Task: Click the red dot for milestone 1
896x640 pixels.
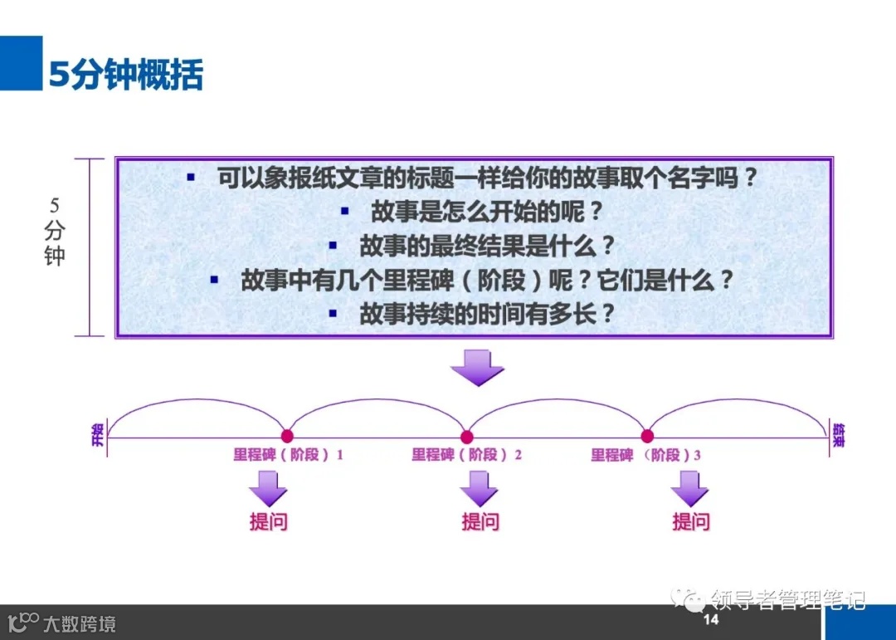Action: point(287,436)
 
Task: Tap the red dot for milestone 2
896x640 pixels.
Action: point(467,437)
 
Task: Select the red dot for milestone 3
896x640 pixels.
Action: point(647,436)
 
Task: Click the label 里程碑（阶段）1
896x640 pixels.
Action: point(288,455)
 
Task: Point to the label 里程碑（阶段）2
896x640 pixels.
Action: point(467,455)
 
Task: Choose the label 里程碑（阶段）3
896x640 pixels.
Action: point(646,455)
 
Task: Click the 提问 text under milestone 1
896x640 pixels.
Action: point(268,522)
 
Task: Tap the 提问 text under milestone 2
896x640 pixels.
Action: point(480,522)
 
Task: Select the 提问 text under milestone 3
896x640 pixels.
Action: point(691,522)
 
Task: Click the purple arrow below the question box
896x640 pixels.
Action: point(478,368)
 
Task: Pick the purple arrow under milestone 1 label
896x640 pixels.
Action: point(267,488)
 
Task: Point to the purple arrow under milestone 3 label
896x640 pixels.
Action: point(690,488)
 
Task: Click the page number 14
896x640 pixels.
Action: point(711,620)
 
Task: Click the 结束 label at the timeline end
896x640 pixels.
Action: point(839,435)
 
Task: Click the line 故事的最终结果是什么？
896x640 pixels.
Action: point(487,246)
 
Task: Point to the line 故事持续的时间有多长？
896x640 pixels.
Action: point(487,314)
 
